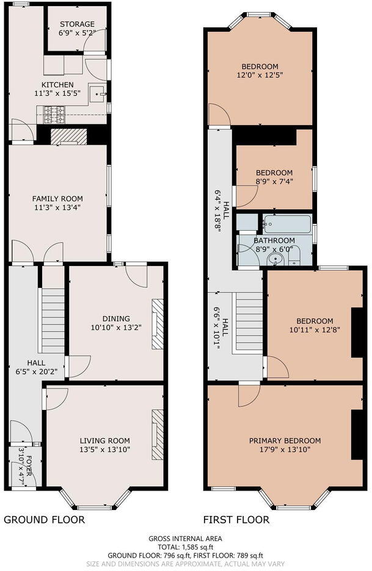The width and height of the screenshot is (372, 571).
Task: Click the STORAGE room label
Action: point(76,24)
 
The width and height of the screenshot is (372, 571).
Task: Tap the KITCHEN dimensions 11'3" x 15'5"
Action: point(57,94)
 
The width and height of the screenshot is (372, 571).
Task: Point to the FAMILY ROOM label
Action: point(57,198)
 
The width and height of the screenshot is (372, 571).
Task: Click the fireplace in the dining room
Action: point(158,323)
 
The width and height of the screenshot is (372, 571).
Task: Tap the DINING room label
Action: point(116,318)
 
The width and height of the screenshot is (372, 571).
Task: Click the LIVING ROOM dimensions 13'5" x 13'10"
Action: point(104,450)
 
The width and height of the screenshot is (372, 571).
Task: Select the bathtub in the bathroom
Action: point(286,224)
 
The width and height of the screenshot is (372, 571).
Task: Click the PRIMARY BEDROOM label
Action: point(285,440)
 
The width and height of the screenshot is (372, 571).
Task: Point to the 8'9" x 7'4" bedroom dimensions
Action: point(274,181)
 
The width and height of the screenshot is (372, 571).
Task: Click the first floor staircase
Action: point(249,323)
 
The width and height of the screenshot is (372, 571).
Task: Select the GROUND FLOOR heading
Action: point(44,520)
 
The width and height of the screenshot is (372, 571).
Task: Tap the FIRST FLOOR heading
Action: point(236,520)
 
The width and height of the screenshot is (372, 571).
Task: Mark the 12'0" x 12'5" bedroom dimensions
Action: point(260,75)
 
